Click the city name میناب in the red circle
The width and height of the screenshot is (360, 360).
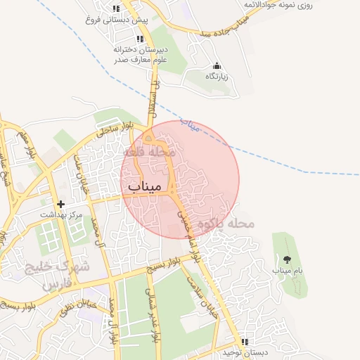(146, 186)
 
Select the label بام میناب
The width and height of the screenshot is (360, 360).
(287, 270)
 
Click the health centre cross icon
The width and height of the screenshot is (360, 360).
(62, 203)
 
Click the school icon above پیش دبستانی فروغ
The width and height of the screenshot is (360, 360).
(116, 9)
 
